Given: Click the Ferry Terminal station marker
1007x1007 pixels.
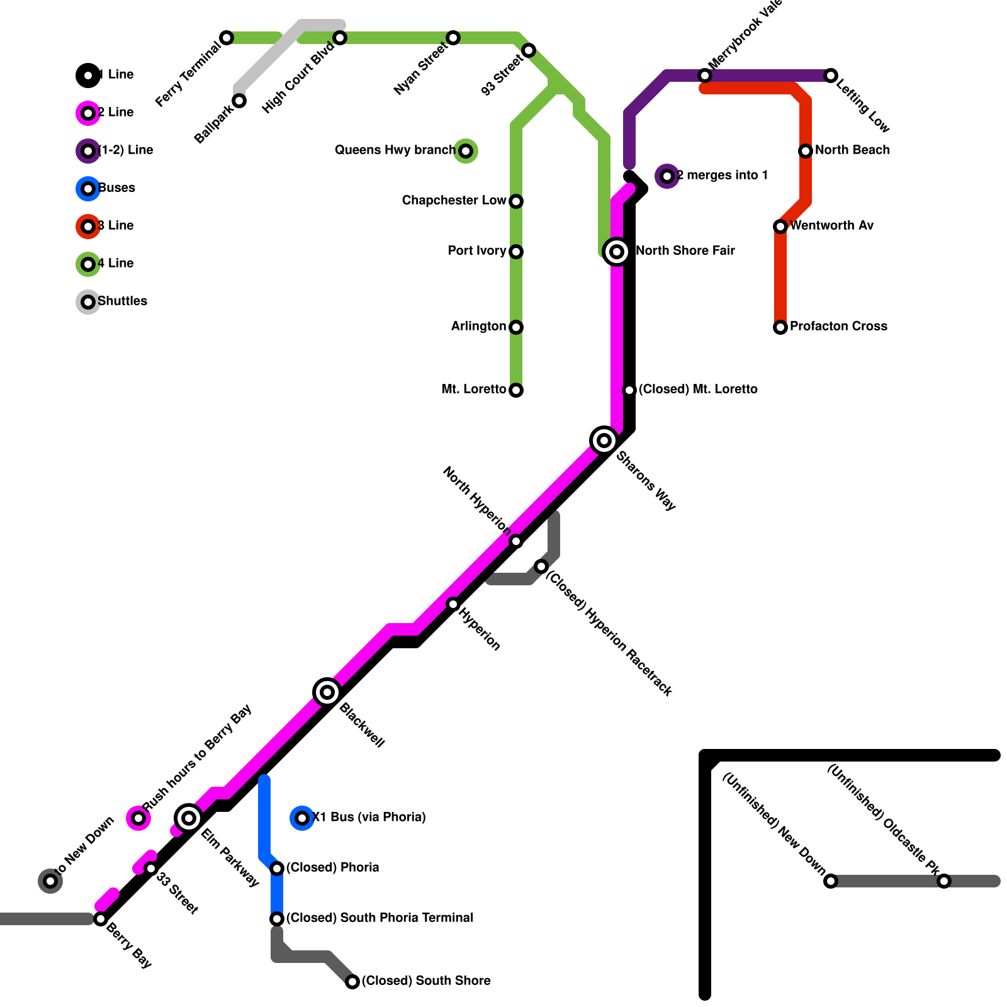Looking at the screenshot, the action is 227,38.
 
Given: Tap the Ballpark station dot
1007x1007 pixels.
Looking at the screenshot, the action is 239,101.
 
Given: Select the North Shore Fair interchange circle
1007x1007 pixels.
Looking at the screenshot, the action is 617,252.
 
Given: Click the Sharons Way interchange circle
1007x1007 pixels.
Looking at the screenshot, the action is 604,441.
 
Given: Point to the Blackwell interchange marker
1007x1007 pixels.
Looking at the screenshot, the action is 327,692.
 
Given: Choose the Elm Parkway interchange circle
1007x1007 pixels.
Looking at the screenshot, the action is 189,818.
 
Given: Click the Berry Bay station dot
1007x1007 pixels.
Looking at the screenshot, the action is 101,919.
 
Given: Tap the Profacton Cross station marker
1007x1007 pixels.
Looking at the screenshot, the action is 780,327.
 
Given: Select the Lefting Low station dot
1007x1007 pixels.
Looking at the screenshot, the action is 831,76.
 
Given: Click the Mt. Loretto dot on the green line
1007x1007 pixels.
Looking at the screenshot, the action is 516,390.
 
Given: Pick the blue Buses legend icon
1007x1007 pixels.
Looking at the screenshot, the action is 88,189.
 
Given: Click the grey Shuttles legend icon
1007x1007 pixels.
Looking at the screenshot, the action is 88,302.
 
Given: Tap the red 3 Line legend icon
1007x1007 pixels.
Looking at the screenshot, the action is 88,227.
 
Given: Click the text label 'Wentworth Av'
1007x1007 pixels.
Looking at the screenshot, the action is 831,225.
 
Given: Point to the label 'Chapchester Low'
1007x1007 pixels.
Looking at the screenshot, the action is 454,200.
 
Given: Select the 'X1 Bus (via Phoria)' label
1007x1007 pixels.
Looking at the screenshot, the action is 369,817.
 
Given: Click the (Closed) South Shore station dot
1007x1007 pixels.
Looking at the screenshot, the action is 352,982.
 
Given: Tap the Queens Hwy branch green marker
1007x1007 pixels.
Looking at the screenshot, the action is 466,151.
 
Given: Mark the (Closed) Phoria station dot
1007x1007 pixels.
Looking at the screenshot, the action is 277,869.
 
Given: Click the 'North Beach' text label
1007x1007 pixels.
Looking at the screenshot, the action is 852,150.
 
